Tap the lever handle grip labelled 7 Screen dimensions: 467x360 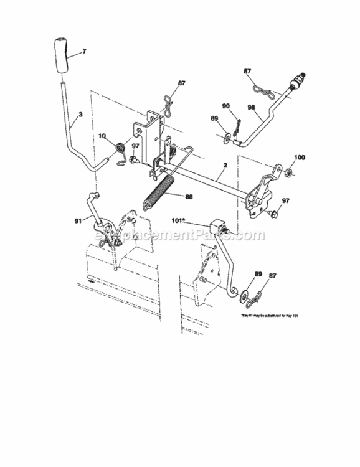coord(60,55)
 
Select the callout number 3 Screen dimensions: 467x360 coord(80,115)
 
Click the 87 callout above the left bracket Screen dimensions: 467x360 coord(181,83)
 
